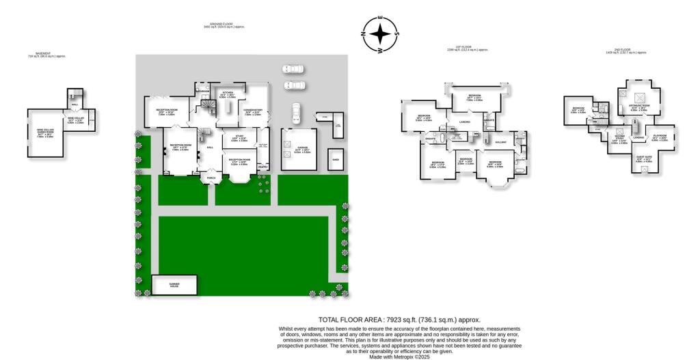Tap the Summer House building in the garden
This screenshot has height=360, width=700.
click(x=174, y=284)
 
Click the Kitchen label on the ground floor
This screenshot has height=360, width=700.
click(x=227, y=94)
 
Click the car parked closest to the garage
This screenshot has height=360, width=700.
click(x=295, y=112)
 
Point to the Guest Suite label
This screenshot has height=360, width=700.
click(x=644, y=160)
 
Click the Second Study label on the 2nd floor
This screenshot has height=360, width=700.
click(x=619, y=139)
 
